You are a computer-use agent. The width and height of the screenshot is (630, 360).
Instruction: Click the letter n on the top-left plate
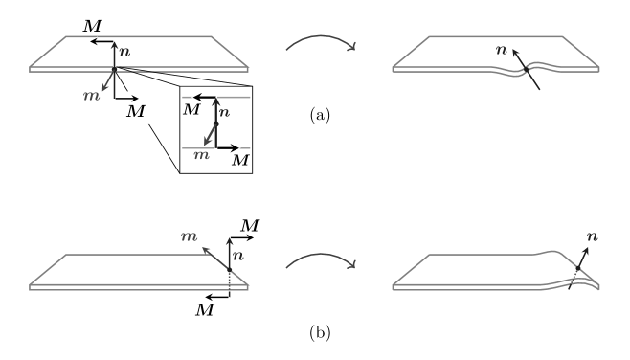tap(124, 52)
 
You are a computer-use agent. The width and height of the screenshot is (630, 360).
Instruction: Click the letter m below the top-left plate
tap(92, 96)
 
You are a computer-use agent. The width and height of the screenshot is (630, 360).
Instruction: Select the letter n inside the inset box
tap(225, 112)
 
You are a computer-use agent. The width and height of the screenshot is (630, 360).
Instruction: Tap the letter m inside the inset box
tap(201, 154)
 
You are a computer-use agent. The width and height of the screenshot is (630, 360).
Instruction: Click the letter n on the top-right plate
tap(502, 49)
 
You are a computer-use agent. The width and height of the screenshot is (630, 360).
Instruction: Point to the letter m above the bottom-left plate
tap(189, 236)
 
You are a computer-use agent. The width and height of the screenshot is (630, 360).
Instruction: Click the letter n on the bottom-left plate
tap(238, 256)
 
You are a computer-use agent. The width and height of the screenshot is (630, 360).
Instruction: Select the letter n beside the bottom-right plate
tap(593, 236)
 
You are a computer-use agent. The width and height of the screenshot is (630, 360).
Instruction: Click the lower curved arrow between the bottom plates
tap(322, 259)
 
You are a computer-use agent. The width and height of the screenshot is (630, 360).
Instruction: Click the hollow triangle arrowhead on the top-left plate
tap(92, 42)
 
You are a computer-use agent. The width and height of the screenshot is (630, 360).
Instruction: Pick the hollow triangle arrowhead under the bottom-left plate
tap(208, 298)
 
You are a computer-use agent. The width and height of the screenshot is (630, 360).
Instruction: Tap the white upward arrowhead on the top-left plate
tap(114, 46)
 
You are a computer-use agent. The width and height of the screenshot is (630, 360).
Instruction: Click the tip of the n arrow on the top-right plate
tap(512, 48)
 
